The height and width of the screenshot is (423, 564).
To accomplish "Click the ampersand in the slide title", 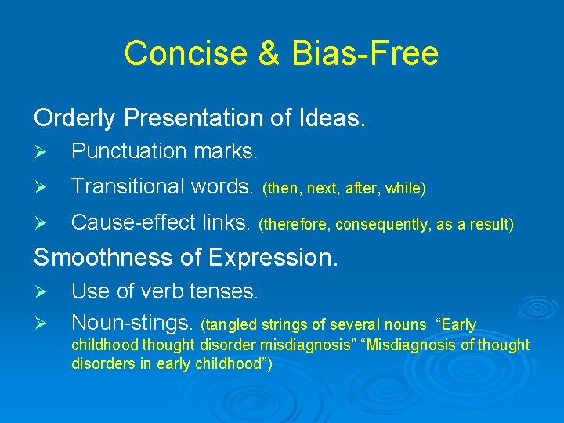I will click(x=263, y=54).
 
